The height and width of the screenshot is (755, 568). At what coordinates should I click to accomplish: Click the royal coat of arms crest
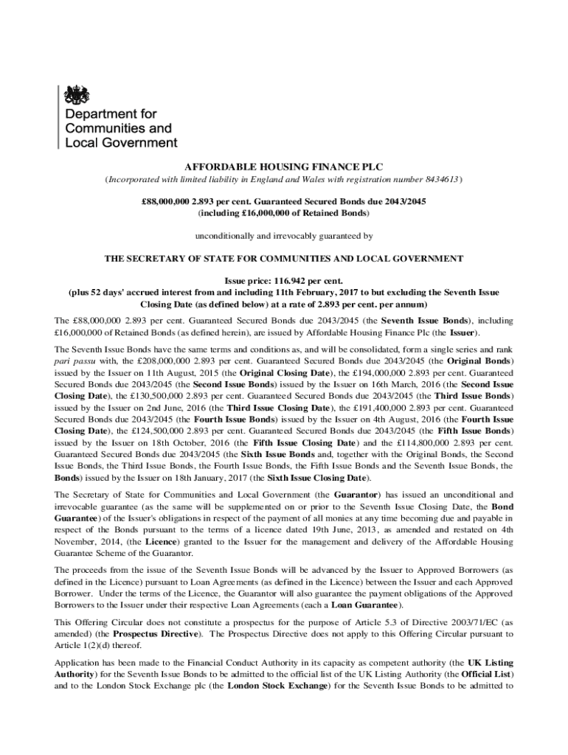pos(77,94)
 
